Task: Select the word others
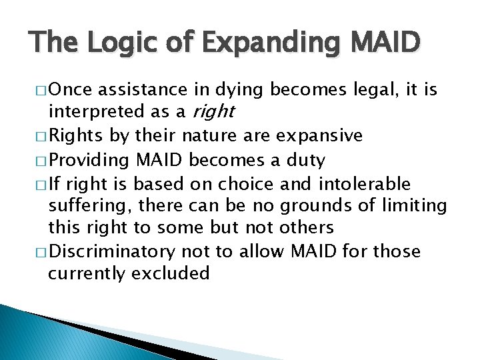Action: point(304,228)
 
